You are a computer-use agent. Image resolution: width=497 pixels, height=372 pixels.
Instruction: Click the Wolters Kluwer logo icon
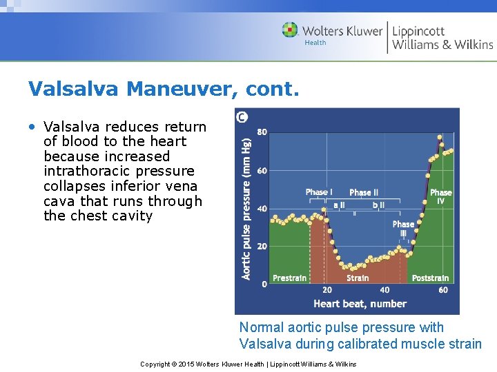click(x=290, y=30)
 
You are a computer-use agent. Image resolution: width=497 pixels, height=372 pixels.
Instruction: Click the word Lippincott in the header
click(x=418, y=30)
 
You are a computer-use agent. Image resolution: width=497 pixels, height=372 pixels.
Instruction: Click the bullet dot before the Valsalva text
click(x=33, y=127)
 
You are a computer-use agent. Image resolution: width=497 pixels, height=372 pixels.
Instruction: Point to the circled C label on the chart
click(x=242, y=117)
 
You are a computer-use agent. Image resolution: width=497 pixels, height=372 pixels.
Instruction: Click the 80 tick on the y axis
click(x=262, y=132)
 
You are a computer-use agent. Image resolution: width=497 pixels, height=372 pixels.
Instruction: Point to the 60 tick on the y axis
click(x=262, y=170)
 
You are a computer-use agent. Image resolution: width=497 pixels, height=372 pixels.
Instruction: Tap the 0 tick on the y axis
click(x=264, y=284)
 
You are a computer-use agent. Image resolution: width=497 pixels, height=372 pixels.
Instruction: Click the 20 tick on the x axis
click(x=327, y=290)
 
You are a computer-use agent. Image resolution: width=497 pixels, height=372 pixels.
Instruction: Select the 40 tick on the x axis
click(x=384, y=290)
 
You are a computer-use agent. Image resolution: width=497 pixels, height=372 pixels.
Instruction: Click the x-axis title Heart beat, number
click(x=360, y=304)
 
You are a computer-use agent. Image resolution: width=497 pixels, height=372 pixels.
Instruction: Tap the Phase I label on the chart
click(x=318, y=192)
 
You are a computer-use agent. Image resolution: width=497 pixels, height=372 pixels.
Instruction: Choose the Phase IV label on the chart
click(x=440, y=196)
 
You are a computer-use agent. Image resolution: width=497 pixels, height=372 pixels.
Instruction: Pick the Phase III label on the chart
click(x=403, y=228)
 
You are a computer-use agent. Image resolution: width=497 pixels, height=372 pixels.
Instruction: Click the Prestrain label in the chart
click(x=289, y=278)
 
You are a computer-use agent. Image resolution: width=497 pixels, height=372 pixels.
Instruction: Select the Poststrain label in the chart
click(x=430, y=278)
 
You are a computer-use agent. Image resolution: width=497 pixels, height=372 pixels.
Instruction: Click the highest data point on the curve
click(x=440, y=137)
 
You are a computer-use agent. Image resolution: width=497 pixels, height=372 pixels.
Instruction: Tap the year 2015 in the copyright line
click(x=188, y=364)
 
